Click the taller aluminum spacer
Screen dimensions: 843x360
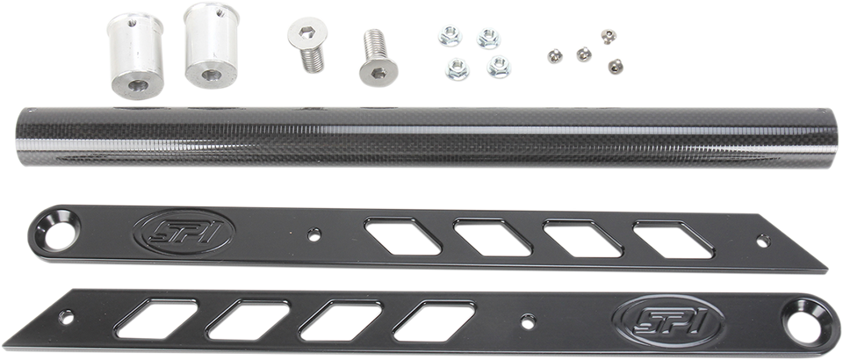(212, 45)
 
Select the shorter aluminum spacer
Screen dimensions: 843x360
(136, 56)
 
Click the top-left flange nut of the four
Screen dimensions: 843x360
(450, 37)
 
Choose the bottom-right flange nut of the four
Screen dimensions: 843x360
(499, 67)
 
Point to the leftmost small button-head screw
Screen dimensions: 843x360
(555, 56)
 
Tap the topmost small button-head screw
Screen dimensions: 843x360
(609, 37)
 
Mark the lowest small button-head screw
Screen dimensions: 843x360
(616, 66)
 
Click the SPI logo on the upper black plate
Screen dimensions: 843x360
(184, 232)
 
